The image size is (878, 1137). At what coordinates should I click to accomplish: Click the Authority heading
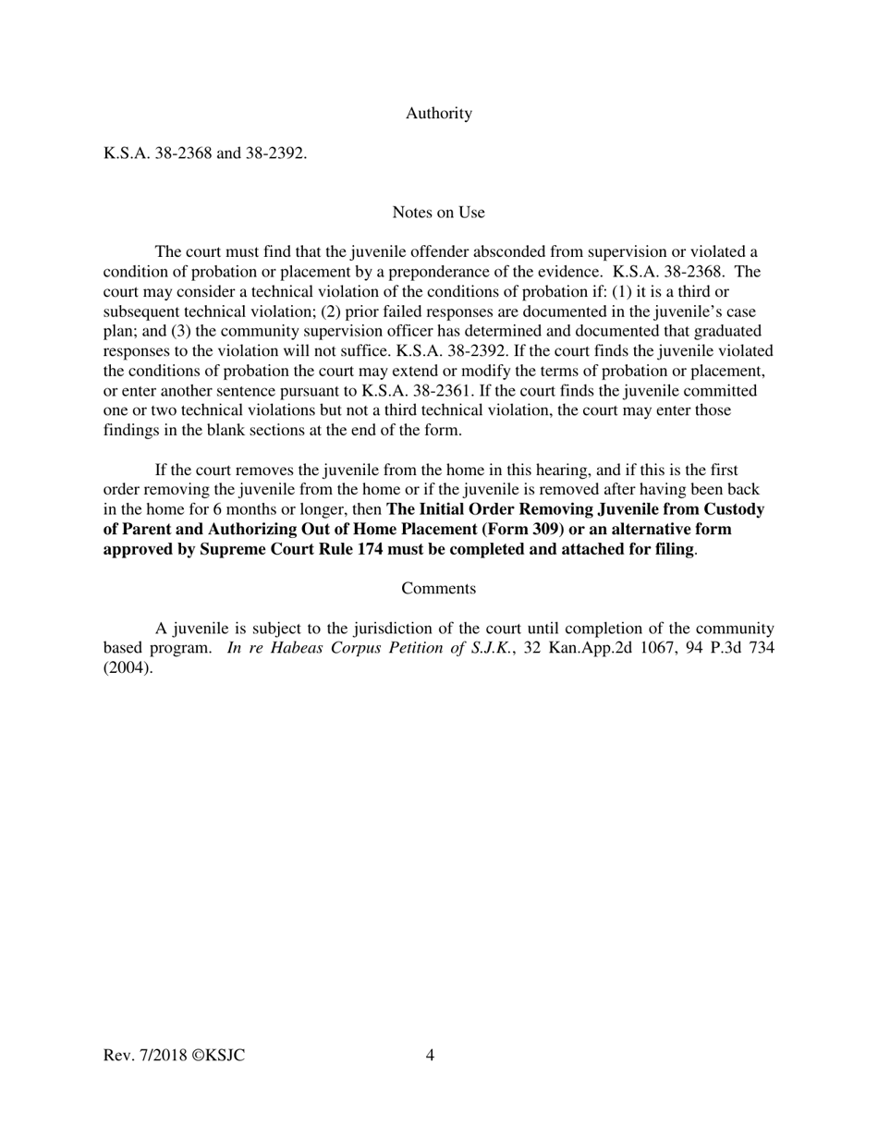coord(438,114)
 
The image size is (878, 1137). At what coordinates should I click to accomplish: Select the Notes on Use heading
coord(438,213)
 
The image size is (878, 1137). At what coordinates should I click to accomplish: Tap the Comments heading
coord(438,589)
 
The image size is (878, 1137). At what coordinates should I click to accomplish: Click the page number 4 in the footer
coord(431,1056)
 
